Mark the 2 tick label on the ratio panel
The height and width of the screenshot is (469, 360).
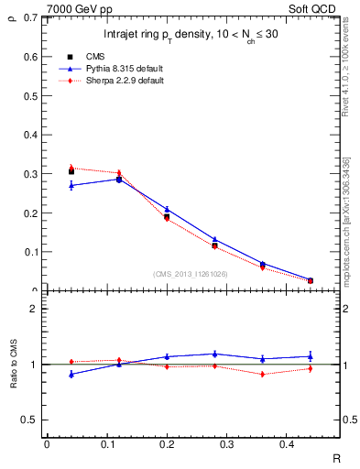coord(32,309)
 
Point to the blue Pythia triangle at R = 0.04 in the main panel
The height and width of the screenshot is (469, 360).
coord(71,185)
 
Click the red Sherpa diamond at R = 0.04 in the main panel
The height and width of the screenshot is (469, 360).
coord(71,168)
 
